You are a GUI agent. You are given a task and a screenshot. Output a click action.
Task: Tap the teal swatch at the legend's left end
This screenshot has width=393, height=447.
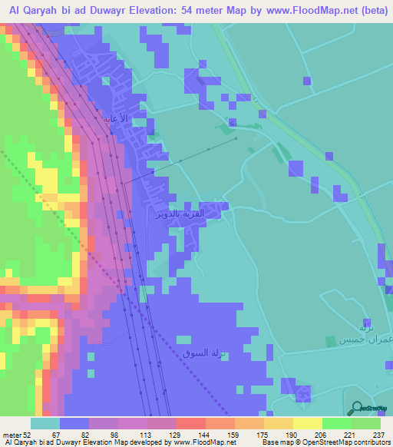pos(45,422)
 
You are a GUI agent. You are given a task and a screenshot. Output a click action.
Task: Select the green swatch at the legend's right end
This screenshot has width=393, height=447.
pos(366,422)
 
